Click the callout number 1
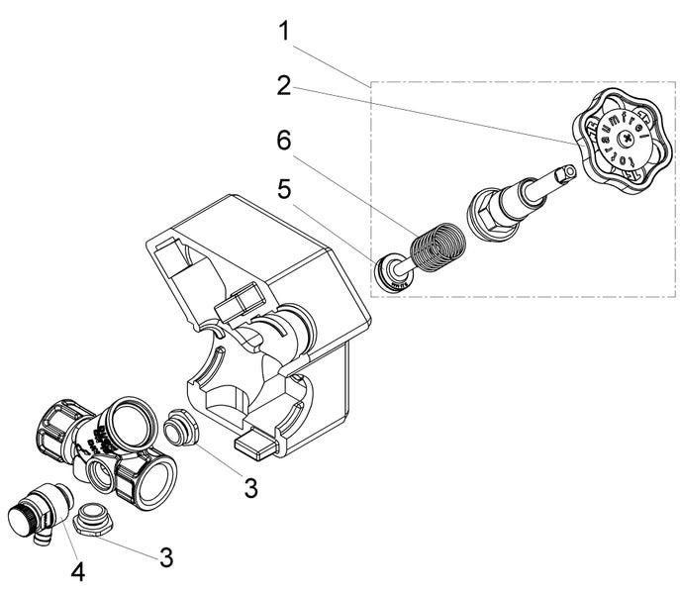(284, 30)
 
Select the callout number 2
(284, 84)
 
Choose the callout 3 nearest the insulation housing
(250, 487)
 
